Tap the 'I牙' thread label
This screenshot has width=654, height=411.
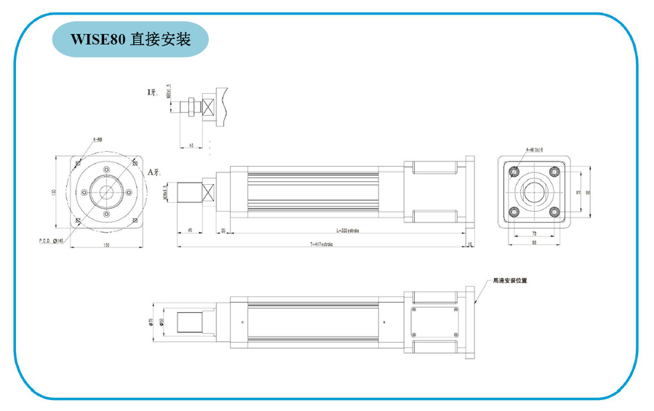coord(151,92)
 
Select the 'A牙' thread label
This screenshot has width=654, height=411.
coord(153,172)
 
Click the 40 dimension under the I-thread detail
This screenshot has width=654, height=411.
coord(191,145)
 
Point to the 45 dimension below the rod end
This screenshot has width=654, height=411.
coord(191,230)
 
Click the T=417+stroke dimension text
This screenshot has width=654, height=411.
coord(321,245)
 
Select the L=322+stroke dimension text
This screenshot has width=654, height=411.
coord(349,231)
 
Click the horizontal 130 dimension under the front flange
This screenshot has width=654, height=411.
coord(106,246)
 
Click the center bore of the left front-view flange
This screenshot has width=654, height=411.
coord(107,193)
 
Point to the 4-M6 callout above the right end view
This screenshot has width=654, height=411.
coord(535,150)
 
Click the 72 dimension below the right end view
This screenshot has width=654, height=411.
coord(535,234)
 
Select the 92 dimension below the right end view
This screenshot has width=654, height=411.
coord(535,244)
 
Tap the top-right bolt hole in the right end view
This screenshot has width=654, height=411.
coord(554,172)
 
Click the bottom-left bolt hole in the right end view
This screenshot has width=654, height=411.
coord(514,212)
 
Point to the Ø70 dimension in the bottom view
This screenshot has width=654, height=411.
coord(151,322)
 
